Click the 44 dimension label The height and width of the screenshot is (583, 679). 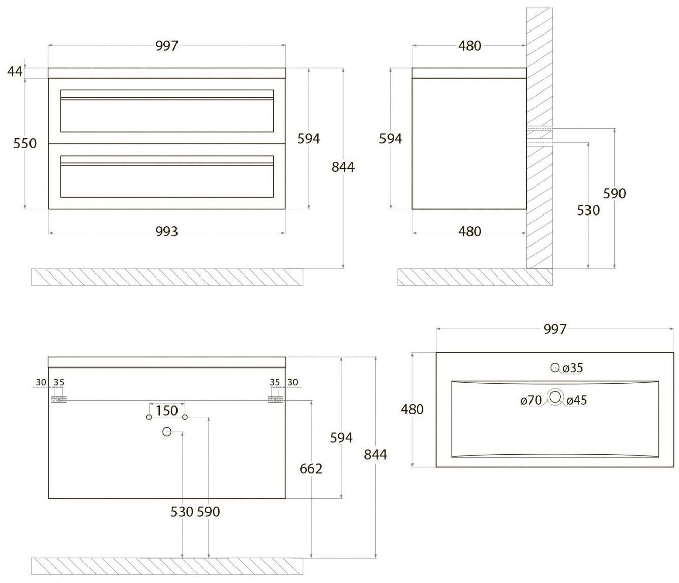(x=15, y=71)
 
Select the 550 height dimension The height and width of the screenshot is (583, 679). (x=25, y=144)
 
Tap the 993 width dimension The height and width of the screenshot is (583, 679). (x=167, y=232)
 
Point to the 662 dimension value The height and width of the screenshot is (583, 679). (x=311, y=468)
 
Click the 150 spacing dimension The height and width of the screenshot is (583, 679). (x=167, y=410)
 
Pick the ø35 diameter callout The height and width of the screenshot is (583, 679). (x=573, y=367)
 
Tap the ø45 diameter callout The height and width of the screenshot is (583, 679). (x=576, y=401)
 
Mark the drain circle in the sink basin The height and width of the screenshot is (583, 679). (x=555, y=397)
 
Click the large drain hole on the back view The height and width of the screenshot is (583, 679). (x=166, y=432)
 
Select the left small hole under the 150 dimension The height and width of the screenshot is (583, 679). (x=149, y=417)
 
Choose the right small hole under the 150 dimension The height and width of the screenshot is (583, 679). (x=185, y=417)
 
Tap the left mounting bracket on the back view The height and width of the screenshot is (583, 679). (x=58, y=400)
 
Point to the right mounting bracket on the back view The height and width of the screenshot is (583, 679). (x=275, y=400)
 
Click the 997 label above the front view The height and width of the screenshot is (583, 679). (x=167, y=46)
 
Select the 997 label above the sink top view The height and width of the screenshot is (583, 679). (x=555, y=329)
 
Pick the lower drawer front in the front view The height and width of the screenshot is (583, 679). (x=167, y=176)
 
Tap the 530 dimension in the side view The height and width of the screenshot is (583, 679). (x=588, y=210)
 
